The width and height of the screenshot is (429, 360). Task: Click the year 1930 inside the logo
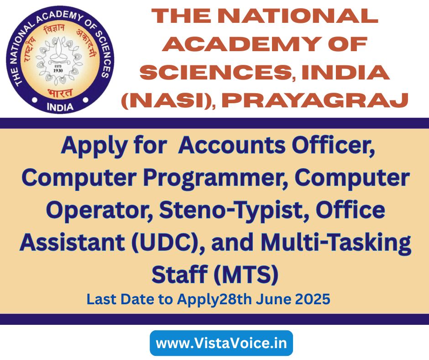58,70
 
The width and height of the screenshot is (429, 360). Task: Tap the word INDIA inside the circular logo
60,106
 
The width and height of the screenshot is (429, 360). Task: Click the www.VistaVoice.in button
221,343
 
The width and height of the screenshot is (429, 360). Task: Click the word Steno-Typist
235,211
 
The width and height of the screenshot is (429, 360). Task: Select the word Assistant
72,243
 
